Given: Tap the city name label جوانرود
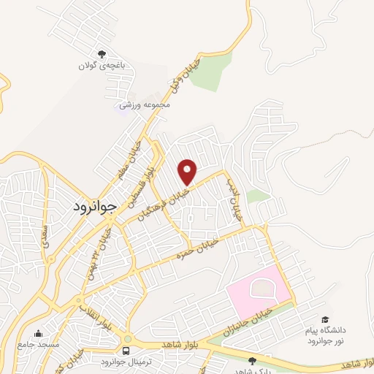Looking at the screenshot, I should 95,207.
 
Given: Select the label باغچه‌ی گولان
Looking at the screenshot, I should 103,65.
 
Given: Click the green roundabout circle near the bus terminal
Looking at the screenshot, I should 128,339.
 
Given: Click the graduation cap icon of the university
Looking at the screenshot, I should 325,320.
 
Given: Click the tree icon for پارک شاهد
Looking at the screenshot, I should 252,360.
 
